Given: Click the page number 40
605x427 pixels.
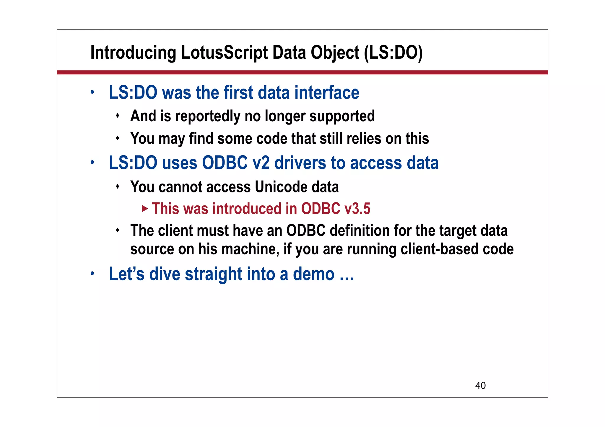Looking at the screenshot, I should pos(480,385).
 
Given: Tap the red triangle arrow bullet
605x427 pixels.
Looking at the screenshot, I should pos(144,209).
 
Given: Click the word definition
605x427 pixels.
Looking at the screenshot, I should pos(357,230).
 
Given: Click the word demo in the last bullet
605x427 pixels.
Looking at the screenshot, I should pos(313,274).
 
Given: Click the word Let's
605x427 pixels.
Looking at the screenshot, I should pos(127,274).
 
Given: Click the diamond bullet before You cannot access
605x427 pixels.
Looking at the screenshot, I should pos(118,186).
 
